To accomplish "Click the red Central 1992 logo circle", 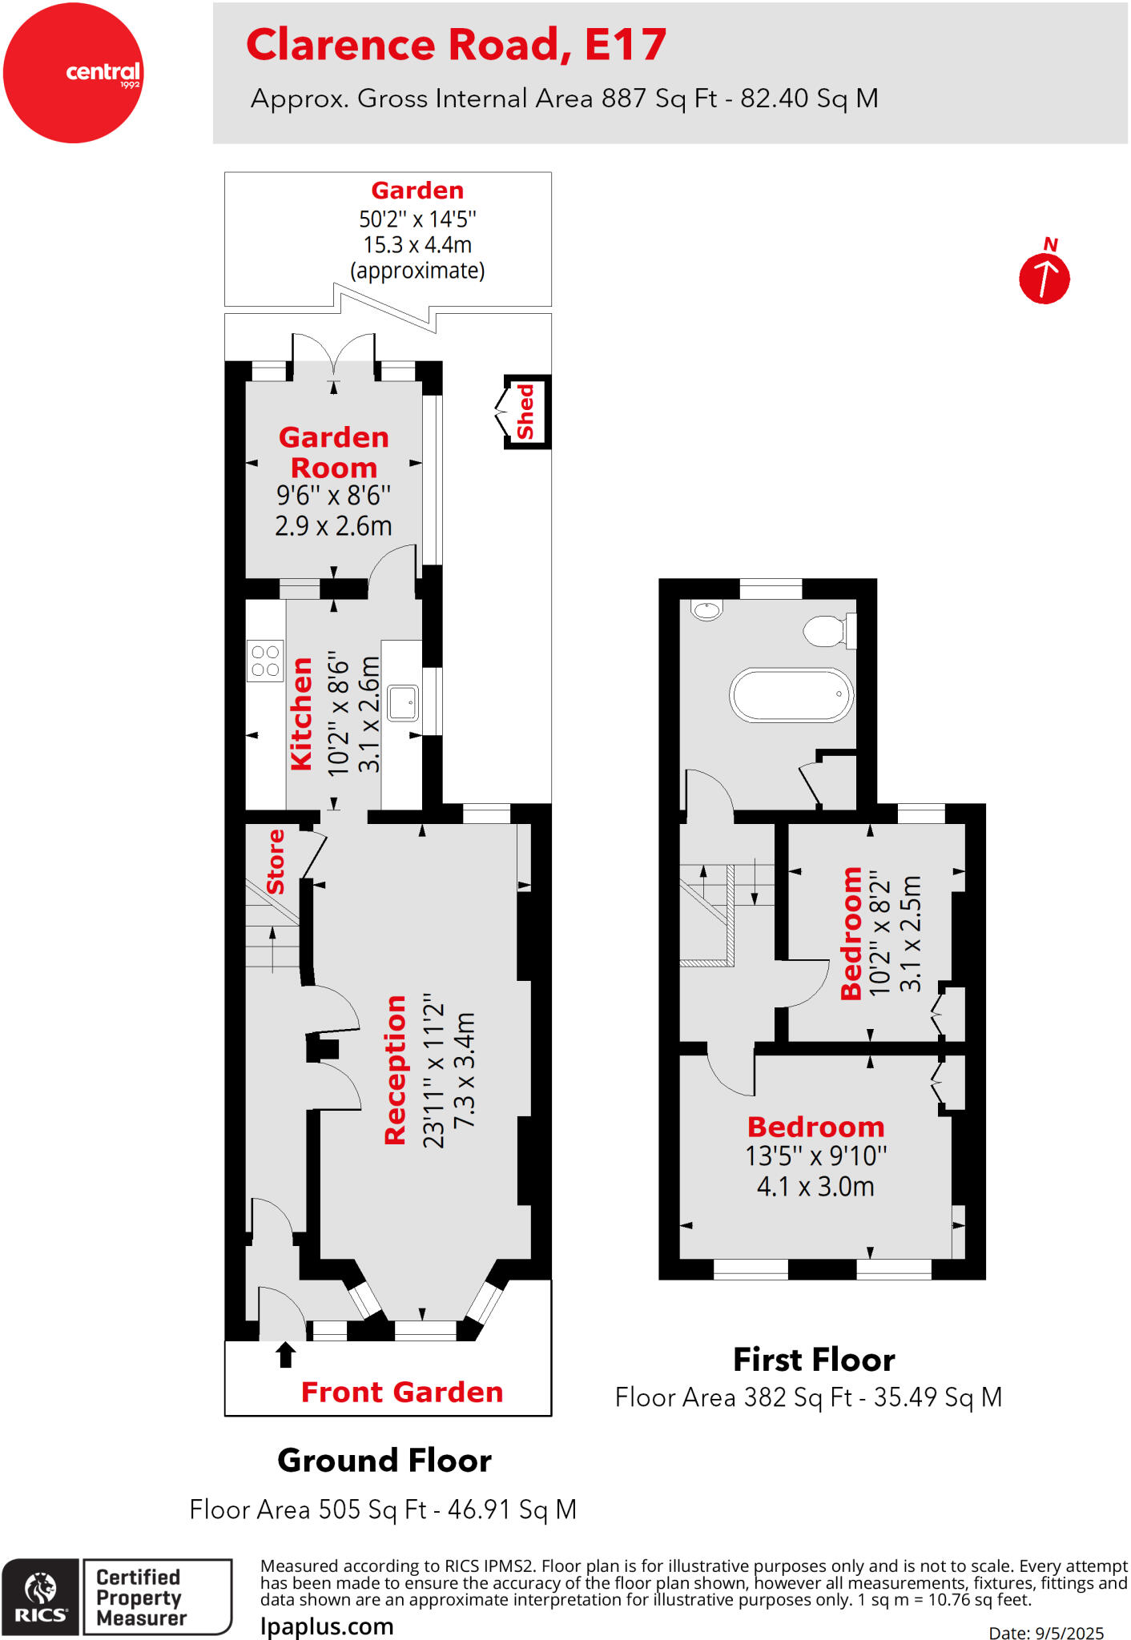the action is [73, 73].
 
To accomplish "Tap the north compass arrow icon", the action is [1044, 278].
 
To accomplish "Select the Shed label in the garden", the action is [525, 412].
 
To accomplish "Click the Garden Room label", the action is [333, 452].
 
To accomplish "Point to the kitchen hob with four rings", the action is [265, 661].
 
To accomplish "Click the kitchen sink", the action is [402, 703].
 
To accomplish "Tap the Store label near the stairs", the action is [275, 862].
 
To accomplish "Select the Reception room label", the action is [395, 1070].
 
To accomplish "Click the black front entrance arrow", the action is [285, 1354].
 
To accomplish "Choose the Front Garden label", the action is [401, 1393].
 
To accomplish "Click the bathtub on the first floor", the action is [791, 694].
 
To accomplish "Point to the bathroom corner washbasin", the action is [706, 610].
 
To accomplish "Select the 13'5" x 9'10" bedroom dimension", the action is [815, 1156].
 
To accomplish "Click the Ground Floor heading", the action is [384, 1461].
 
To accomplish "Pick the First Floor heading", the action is [814, 1360].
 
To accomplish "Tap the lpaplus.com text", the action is [327, 1626].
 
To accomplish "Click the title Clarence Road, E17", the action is [456, 45].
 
